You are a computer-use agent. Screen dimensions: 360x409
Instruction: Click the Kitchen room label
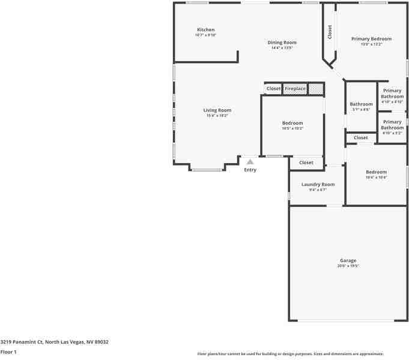[205, 30]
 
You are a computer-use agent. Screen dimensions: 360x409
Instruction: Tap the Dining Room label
[282, 43]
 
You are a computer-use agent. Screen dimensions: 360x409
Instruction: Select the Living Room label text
[217, 110]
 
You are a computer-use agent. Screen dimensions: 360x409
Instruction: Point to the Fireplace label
[295, 89]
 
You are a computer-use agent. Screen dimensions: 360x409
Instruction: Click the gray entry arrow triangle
[250, 161]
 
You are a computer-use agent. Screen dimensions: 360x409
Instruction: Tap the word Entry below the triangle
[250, 170]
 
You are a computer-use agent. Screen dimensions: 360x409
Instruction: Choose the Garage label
[348, 260]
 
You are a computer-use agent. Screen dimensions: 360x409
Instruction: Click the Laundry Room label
[318, 184]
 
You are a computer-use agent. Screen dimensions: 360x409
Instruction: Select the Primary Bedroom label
[371, 39]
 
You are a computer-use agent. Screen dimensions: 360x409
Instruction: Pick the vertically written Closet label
[330, 32]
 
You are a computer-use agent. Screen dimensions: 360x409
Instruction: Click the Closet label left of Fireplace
[273, 89]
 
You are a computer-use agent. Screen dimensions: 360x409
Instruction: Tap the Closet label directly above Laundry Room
[306, 163]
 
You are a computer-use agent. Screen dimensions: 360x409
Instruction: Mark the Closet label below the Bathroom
[360, 138]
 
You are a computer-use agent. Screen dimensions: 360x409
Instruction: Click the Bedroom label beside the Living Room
[292, 123]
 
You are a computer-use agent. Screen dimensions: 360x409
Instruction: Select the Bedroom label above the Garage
[376, 172]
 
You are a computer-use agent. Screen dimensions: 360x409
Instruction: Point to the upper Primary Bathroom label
[392, 94]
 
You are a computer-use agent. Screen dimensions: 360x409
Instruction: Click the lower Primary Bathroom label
[392, 125]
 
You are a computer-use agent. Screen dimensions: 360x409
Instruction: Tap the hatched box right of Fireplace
[316, 89]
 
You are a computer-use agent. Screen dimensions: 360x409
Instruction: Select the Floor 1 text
[8, 352]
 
